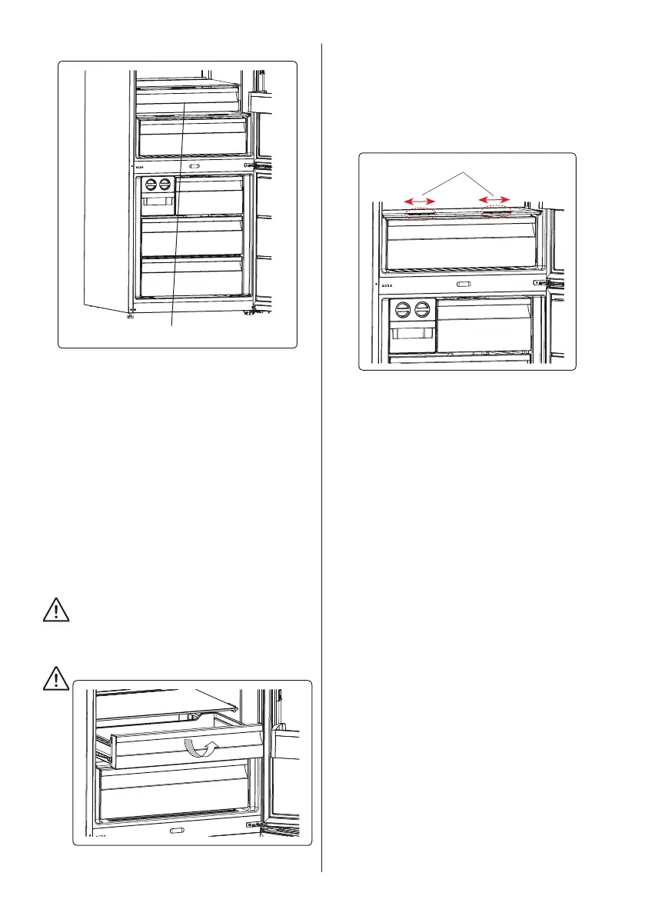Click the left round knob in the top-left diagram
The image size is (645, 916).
tap(150, 185)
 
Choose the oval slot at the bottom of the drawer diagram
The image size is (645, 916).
tap(176, 831)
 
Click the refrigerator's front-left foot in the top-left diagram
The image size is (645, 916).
tap(130, 315)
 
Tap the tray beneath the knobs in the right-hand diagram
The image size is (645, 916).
tap(413, 335)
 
